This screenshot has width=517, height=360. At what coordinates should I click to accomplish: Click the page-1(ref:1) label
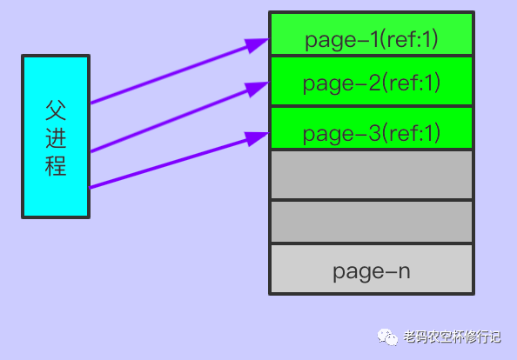pos(372,40)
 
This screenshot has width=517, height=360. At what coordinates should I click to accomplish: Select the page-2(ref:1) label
pos(372,83)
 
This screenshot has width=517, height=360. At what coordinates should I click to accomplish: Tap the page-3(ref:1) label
pos(372,133)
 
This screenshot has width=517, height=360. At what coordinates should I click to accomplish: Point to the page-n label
pos(372,272)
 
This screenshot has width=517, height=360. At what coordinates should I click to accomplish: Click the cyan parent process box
pos(56,137)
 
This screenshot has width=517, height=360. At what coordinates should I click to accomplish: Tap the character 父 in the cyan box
pos(56,110)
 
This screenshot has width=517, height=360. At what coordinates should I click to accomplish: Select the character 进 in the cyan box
pos(56,137)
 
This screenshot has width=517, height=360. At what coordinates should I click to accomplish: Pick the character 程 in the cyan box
pos(56,166)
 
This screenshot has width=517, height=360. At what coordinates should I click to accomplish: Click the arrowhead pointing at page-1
pos(257,43)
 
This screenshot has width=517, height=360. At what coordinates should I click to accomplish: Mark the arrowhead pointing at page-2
pos(257,88)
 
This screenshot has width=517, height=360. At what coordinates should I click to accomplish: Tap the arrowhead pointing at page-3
pos(258,137)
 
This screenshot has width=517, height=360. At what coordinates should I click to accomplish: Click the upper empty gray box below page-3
pos(372,175)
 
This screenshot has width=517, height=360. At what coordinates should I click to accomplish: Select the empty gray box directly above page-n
pos(372,222)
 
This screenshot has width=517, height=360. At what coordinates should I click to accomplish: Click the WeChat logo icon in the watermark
pos(387,337)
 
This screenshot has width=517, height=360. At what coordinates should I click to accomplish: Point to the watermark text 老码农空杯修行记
pos(452,337)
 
